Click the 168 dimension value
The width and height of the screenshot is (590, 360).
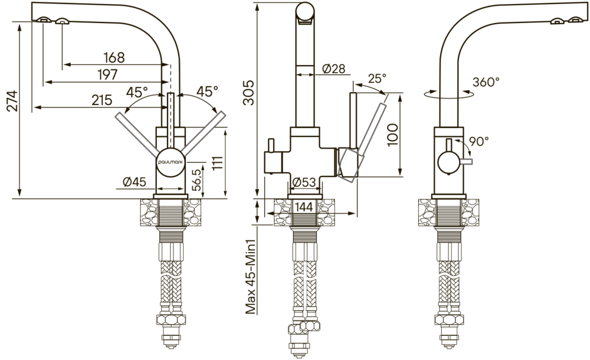point(114,58)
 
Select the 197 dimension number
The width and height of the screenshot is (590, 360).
point(107,74)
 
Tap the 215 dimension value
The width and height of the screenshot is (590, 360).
point(102,100)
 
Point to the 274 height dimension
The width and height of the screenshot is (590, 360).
point(12,100)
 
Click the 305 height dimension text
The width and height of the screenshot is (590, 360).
point(249,93)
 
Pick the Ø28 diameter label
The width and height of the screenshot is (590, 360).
point(334,68)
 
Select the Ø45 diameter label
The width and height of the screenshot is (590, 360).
point(135,182)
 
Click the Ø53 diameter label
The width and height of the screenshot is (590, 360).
point(304,182)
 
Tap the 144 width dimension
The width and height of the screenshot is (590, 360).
point(304,207)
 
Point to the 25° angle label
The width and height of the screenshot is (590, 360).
point(377,78)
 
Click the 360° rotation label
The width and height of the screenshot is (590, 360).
point(486,81)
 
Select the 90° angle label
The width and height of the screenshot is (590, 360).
point(479,141)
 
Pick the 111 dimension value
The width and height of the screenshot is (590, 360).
point(218,163)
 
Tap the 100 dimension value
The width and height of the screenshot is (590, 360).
point(392,135)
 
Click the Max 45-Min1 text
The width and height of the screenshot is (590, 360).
point(251,277)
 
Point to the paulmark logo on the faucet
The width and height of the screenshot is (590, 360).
point(171,162)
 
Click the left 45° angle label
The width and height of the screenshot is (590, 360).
point(137,92)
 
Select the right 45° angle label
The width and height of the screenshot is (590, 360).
point(207,91)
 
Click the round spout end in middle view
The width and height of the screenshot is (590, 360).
point(305,12)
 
